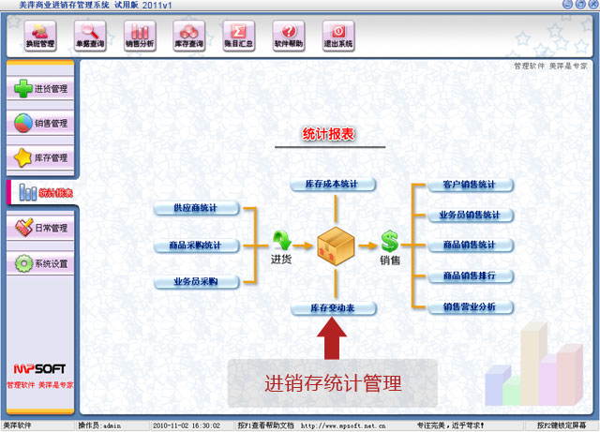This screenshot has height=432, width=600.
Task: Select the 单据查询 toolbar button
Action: pyautogui.click(x=91, y=35)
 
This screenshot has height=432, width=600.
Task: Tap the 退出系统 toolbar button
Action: pyautogui.click(x=338, y=35)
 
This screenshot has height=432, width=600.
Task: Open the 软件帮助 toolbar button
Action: pyautogui.click(x=289, y=35)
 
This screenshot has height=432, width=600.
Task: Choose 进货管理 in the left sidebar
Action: pyautogui.click(x=40, y=89)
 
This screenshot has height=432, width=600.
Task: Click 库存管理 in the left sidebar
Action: pyautogui.click(x=40, y=157)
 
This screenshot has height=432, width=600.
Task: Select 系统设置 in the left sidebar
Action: pyautogui.click(x=40, y=264)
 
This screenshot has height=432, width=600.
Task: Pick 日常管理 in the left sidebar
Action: pyautogui.click(x=40, y=228)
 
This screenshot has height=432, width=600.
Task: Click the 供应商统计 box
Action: pyautogui.click(x=195, y=208)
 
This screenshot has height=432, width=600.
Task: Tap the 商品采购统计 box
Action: pyautogui.click(x=195, y=246)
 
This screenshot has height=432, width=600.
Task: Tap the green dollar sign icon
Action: pyautogui.click(x=389, y=242)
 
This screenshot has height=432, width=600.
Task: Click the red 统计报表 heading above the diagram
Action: pyautogui.click(x=329, y=135)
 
